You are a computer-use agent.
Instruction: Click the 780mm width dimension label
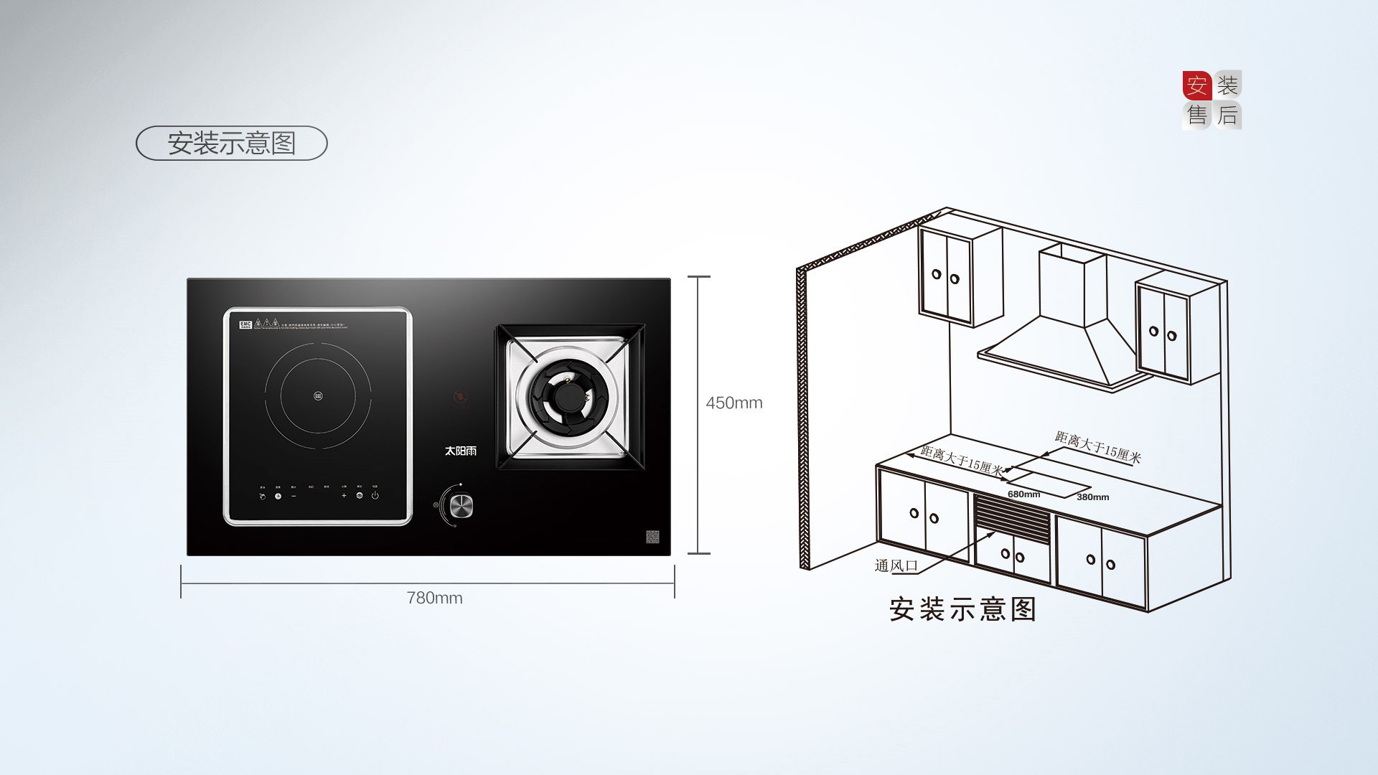(434, 598)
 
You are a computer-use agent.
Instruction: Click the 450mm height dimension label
(733, 403)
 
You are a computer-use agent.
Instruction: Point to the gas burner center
(572, 398)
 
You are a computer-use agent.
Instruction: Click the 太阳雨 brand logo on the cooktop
(460, 451)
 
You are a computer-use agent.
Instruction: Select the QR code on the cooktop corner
(652, 537)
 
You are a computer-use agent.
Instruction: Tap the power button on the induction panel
(375, 495)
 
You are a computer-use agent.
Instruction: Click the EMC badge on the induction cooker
(245, 324)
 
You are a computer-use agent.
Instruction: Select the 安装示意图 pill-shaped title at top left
(231, 143)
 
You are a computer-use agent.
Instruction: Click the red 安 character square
(1196, 86)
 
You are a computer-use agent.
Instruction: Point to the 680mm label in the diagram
(1023, 494)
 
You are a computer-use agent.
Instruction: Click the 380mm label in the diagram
(1092, 497)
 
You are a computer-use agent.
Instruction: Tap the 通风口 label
(896, 565)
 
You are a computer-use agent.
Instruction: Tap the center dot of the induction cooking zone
(317, 395)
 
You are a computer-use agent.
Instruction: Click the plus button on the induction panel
(344, 495)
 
